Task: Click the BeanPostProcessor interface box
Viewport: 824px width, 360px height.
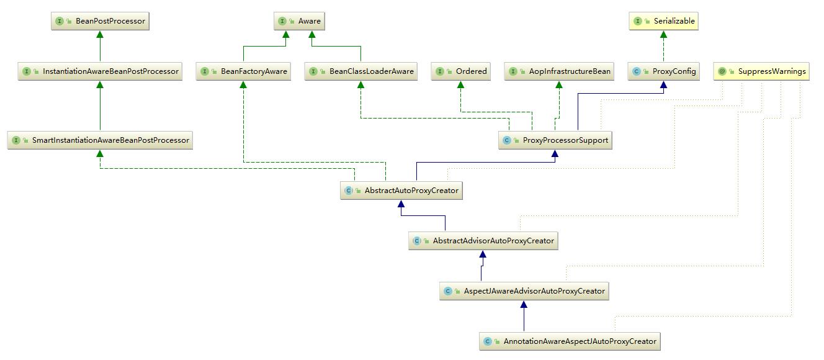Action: pos(101,21)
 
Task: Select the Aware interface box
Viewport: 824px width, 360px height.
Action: pos(300,21)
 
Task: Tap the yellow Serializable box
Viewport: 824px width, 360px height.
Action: pos(664,21)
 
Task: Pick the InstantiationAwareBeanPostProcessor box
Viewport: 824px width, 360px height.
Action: pos(101,71)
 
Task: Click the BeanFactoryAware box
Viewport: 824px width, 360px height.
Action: pos(244,71)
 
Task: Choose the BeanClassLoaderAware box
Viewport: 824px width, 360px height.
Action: pos(361,71)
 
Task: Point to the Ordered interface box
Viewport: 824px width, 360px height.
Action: pos(462,71)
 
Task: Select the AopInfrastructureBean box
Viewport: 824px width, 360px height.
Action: pos(559,71)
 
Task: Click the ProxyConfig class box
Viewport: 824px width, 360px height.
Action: pos(664,71)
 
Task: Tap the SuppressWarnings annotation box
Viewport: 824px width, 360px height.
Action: pos(762,71)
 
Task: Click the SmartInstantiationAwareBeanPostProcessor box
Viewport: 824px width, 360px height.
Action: pos(100,140)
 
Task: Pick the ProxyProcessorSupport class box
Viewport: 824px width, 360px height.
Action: pos(555,140)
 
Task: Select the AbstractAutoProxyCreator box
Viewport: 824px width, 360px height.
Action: pos(402,191)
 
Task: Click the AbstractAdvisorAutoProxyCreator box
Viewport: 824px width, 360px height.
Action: pos(483,241)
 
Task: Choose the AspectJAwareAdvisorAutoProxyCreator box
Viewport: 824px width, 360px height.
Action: pos(524,290)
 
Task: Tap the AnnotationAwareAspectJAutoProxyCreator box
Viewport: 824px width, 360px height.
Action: pos(570,341)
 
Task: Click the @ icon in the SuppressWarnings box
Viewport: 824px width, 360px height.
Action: pos(722,71)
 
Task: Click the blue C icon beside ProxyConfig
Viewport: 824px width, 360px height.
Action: pos(637,71)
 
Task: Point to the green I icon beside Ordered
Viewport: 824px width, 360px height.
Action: pos(441,71)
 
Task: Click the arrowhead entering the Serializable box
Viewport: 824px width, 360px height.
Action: pos(664,34)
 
